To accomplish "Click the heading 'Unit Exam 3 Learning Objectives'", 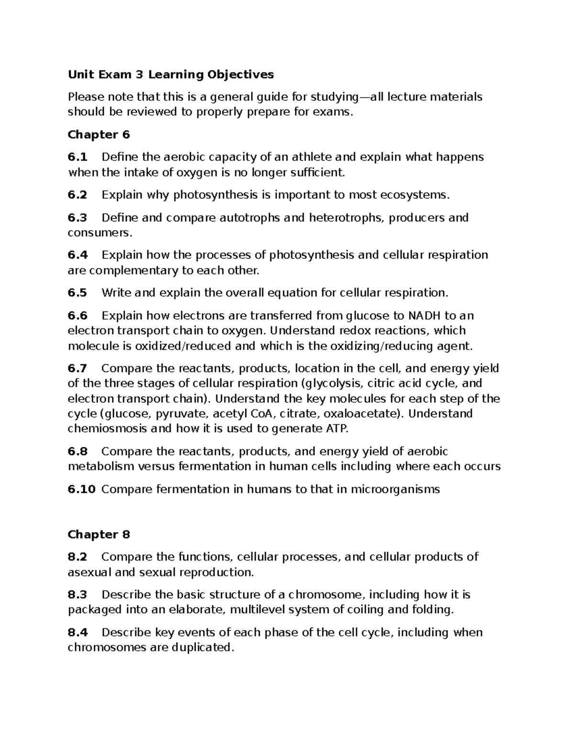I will click(x=171, y=75).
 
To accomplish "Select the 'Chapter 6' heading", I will click(x=99, y=134).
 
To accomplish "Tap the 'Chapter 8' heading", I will click(x=99, y=534).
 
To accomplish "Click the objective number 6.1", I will click(x=77, y=157).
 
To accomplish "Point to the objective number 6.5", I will click(x=77, y=293).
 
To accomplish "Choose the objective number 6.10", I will click(x=81, y=489).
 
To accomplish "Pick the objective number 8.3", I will click(x=77, y=595).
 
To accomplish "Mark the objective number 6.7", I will click(x=77, y=368).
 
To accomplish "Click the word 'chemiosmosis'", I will click(x=108, y=429).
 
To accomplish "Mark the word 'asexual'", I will click(x=89, y=572).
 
